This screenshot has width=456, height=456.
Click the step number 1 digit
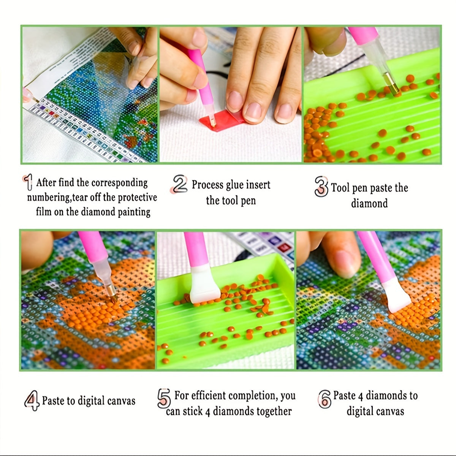point(28,182)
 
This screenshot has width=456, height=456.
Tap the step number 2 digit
point(179,184)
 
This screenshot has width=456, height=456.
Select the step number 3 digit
point(321,187)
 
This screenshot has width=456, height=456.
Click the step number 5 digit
point(164,398)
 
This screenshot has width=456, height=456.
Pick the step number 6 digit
point(325,399)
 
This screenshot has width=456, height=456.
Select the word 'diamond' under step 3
point(369,203)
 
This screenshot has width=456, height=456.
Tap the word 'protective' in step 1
point(137,197)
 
